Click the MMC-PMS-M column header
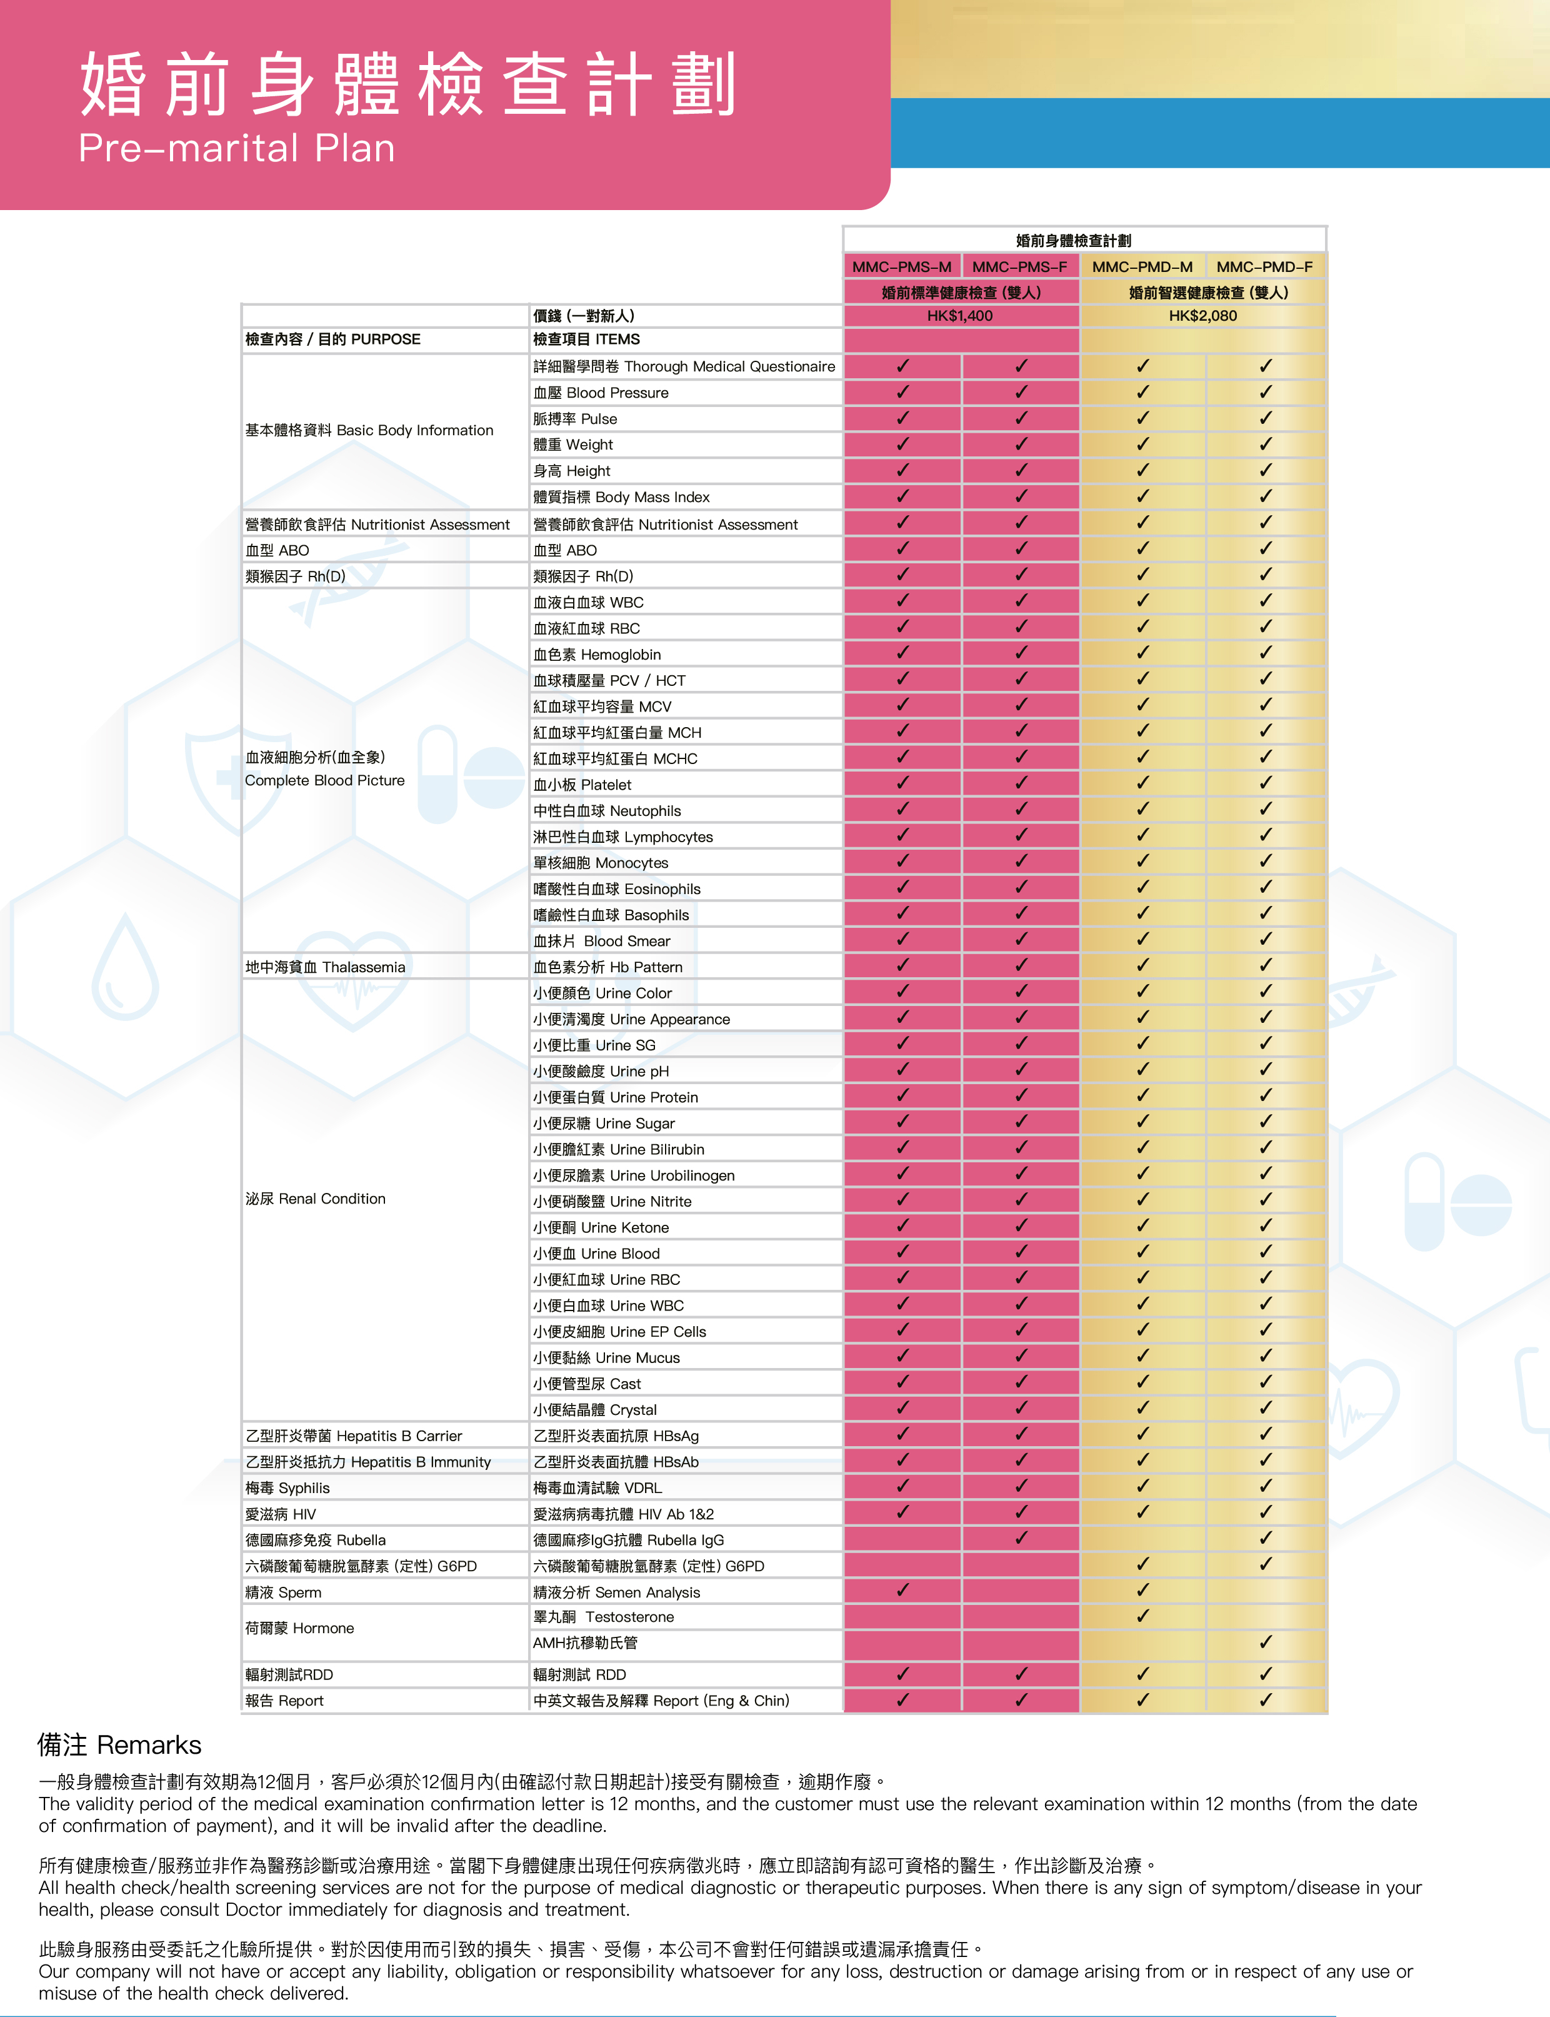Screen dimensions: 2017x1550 [x=901, y=266]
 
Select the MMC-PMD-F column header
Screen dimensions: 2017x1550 [x=1264, y=266]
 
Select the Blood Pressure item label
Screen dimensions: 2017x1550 [x=601, y=392]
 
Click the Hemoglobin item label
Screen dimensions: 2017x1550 [x=597, y=654]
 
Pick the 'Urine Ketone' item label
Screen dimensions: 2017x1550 [x=601, y=1227]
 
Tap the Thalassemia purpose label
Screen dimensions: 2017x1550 [x=325, y=967]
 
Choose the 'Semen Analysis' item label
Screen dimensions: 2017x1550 [x=616, y=1592]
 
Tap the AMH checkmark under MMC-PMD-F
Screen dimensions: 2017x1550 [x=1265, y=1642]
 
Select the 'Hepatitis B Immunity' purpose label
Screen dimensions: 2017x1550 [x=367, y=1462]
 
